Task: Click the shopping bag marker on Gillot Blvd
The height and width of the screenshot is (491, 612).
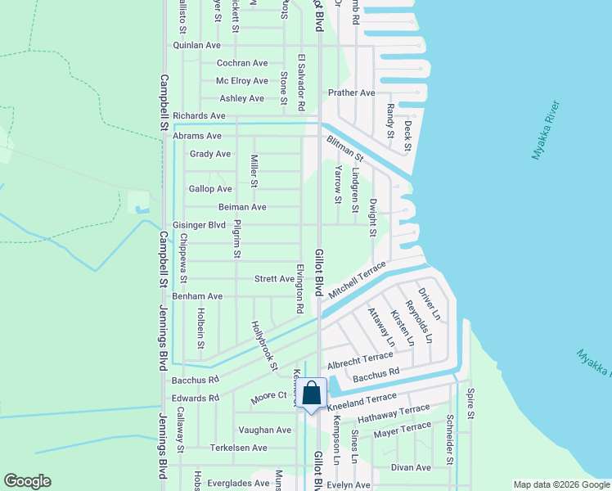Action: pos(312,394)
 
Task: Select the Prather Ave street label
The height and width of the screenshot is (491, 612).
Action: pos(351,92)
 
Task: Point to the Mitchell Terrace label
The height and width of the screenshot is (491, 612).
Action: pos(357,281)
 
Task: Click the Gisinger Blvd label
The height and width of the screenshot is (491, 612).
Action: pos(199,224)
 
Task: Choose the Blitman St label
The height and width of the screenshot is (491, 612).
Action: pos(344,147)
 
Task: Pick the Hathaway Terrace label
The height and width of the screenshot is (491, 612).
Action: pos(394,413)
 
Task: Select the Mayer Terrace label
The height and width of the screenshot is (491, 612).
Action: pos(402,430)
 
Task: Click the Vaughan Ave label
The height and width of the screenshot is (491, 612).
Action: pos(264,430)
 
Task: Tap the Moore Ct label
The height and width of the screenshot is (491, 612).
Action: pos(269,396)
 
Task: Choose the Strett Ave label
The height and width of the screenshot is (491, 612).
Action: pos(274,279)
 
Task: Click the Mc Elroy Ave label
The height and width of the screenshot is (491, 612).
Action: pos(241,81)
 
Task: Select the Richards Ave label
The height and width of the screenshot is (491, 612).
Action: pos(199,116)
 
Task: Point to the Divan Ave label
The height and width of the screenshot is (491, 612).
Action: pos(411,467)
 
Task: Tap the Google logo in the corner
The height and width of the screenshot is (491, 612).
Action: pos(27,481)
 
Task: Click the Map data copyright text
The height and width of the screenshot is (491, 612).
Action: pos(560,484)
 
